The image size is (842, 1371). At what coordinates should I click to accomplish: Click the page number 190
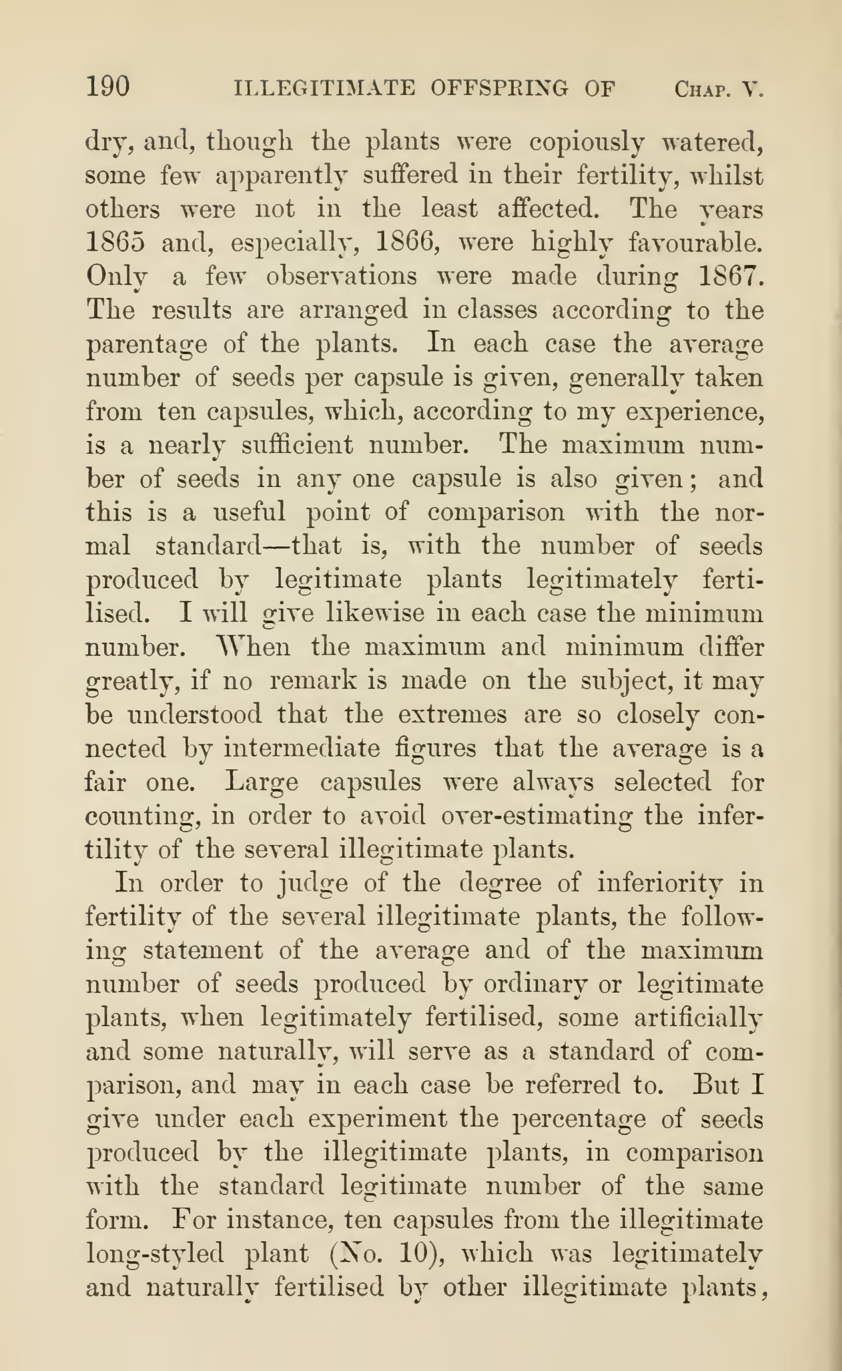[108, 87]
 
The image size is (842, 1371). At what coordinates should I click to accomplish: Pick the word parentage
[146, 345]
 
